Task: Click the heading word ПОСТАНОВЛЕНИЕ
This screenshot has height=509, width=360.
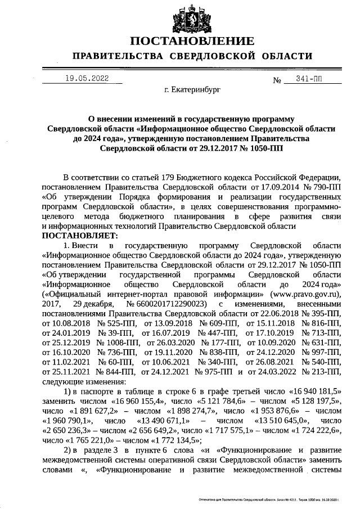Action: (x=191, y=41)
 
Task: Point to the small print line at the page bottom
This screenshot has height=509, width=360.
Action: (x=270, y=499)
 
